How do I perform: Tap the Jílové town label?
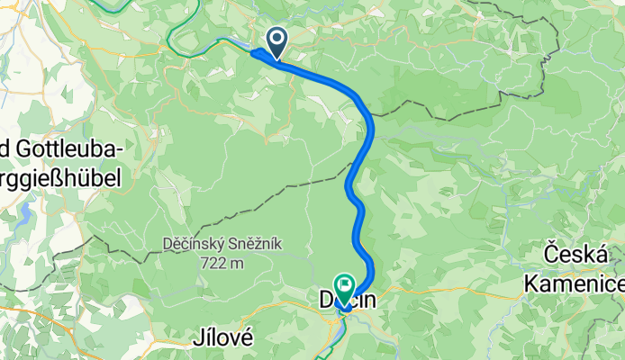tap(222, 338)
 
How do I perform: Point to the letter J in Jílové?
tap(198, 338)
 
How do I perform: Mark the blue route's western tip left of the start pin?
tap(253, 52)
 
